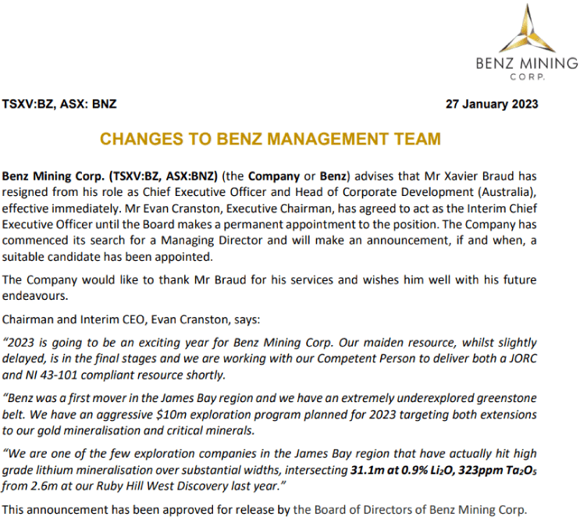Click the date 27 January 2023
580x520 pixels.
point(491,104)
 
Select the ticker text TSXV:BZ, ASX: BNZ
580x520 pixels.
point(60,104)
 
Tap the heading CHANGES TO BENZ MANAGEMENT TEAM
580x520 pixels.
point(270,140)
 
